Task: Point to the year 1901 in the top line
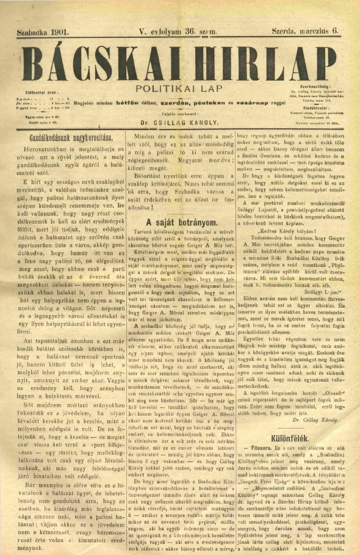click(60, 29)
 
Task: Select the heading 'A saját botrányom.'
click(181, 223)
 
